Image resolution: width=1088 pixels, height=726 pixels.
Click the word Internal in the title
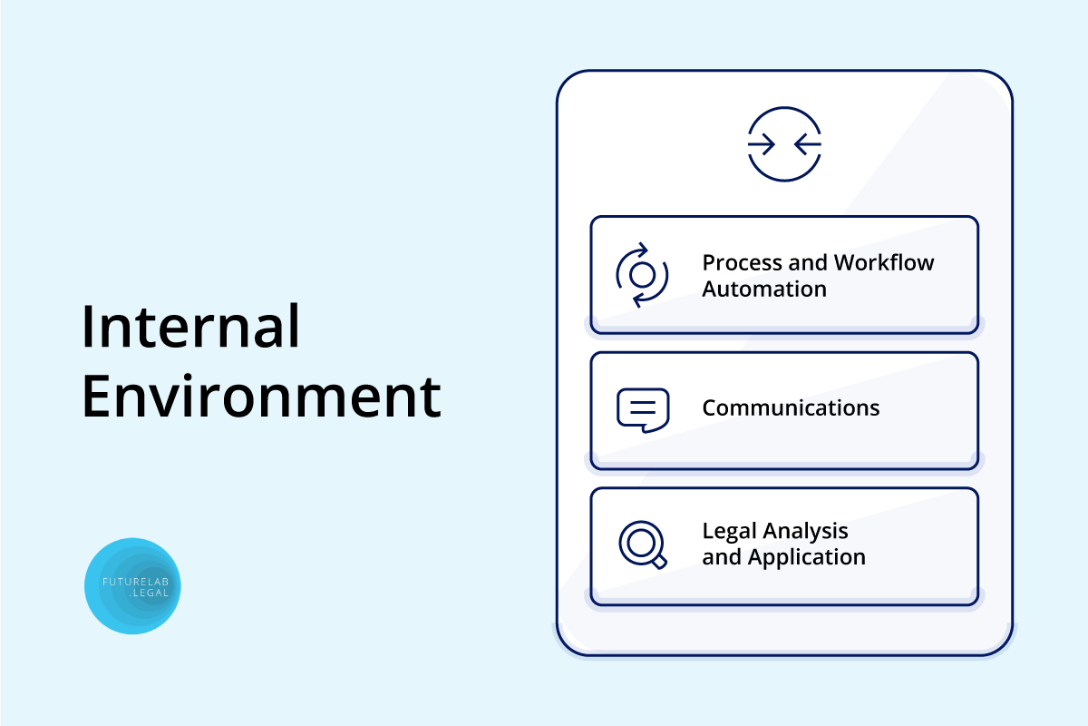190,326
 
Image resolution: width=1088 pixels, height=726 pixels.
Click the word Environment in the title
262,396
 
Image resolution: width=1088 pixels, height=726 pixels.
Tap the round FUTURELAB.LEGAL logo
132,586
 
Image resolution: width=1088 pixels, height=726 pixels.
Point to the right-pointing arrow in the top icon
761,144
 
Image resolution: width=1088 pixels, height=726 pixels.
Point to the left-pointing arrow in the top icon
808,144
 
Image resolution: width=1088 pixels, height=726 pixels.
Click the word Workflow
884,262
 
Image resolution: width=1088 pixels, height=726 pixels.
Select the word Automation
764,289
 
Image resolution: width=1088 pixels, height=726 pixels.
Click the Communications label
791,407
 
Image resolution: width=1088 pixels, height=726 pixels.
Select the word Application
807,557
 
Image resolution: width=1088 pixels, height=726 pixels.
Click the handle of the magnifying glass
659,562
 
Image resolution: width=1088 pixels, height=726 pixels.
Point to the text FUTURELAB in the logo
135,582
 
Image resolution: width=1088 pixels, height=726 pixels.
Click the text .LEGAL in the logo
149,593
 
